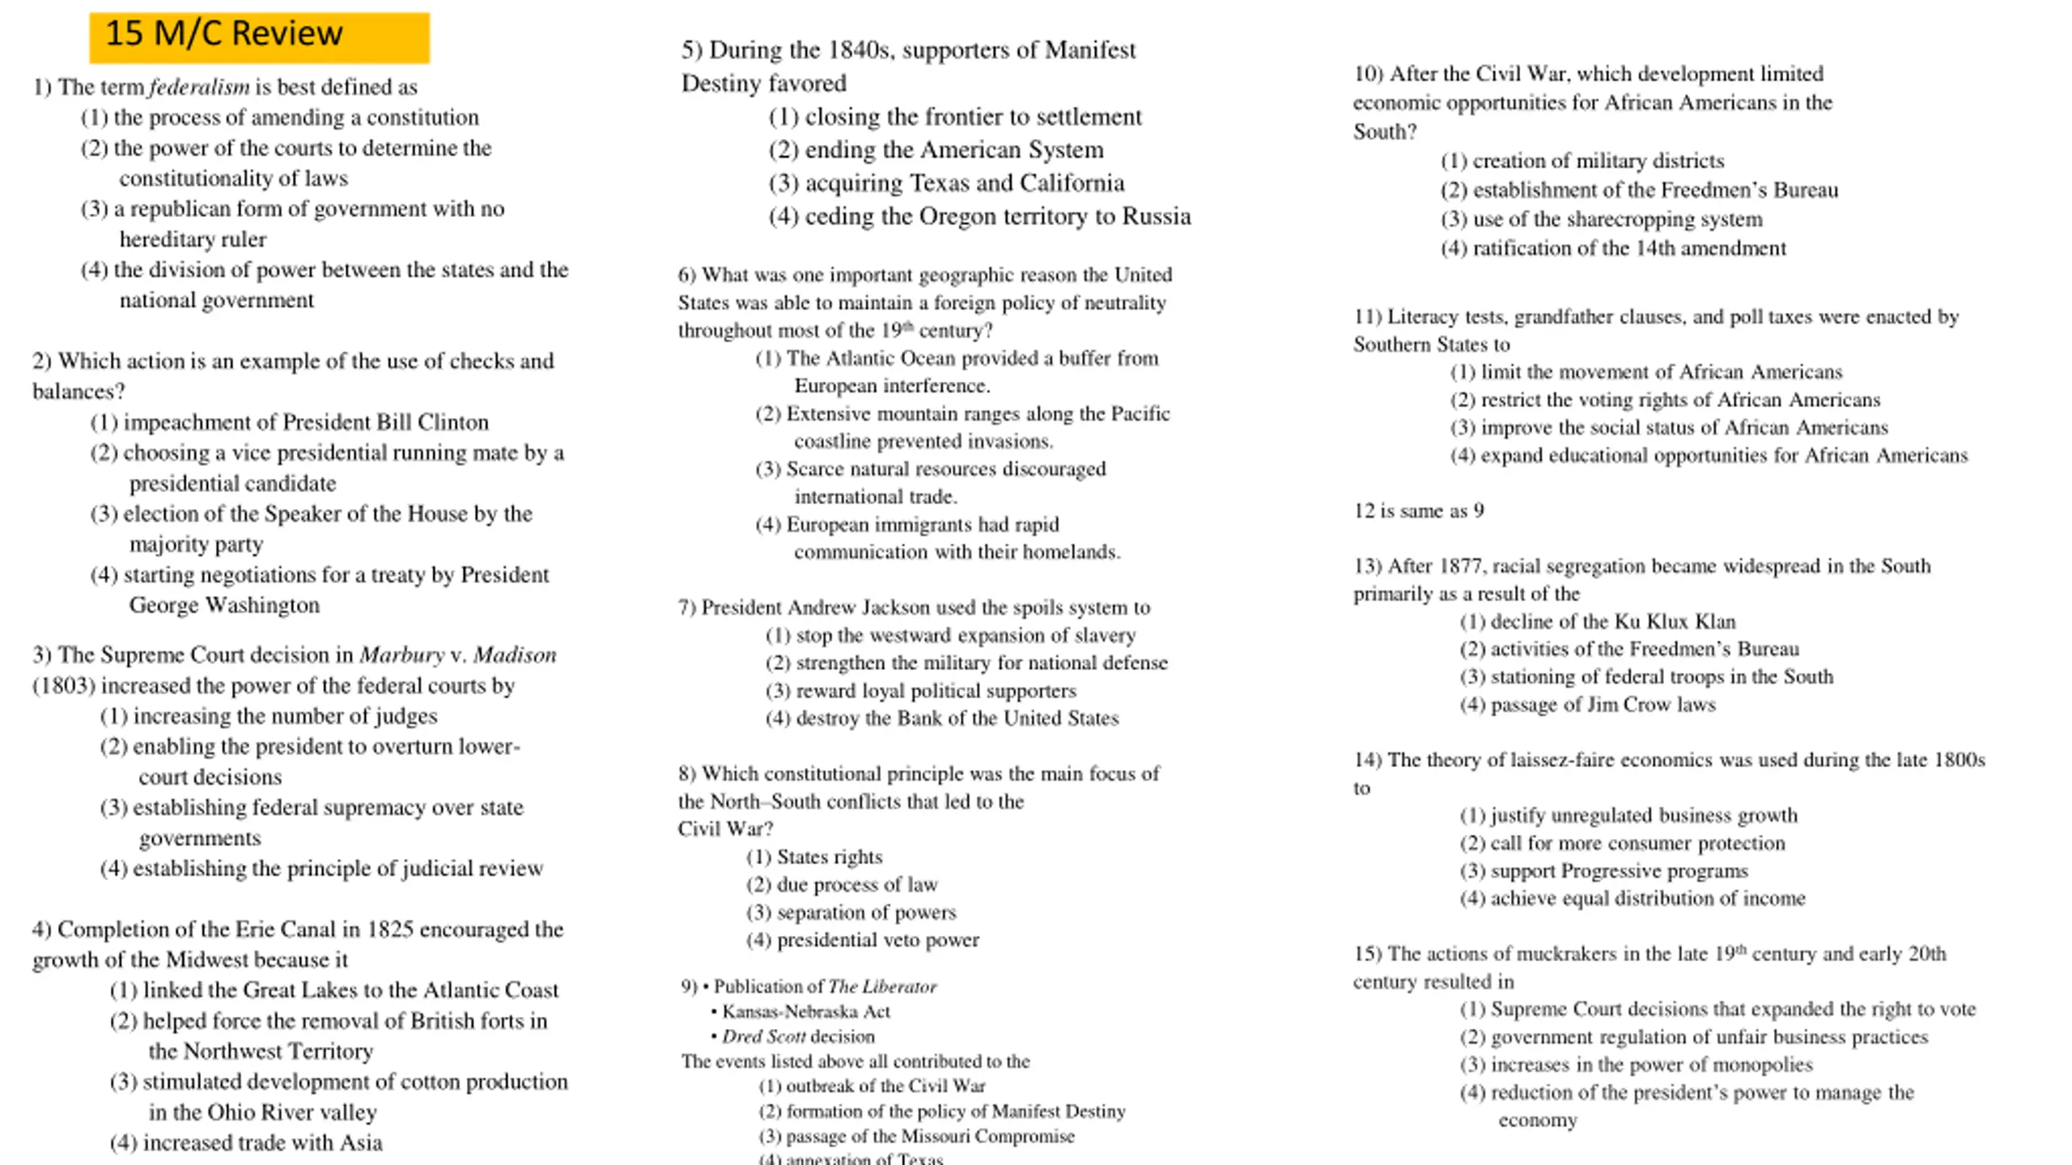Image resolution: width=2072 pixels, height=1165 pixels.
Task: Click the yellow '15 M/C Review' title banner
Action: pos(259,37)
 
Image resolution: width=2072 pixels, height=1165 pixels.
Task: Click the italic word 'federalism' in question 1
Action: pos(199,87)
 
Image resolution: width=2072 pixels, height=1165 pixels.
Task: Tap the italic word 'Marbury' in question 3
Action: pos(401,655)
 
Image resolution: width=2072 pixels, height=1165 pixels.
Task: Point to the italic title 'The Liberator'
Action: pos(882,986)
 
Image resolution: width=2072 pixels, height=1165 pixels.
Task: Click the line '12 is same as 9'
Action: pos(1418,510)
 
